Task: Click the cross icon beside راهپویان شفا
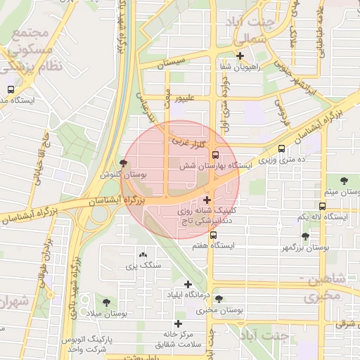[x=240, y=56]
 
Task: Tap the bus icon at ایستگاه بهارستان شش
[x=215, y=155]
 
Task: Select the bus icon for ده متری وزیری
[x=282, y=149]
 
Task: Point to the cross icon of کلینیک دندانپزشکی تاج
[x=207, y=200]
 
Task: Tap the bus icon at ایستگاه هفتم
[x=215, y=236]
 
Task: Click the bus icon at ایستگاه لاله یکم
[x=322, y=206]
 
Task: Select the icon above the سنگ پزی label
[x=143, y=255]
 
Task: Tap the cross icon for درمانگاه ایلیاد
[x=188, y=284]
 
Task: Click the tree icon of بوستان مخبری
[x=219, y=299]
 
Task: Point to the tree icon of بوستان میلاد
[x=106, y=302]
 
